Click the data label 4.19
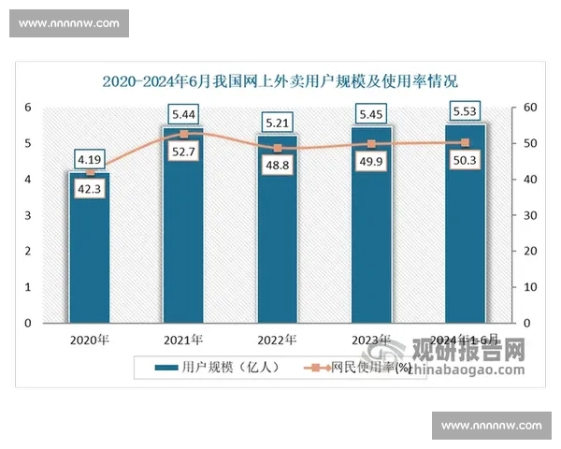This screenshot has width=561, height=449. point(89,158)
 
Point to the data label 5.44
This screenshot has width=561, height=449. point(183,114)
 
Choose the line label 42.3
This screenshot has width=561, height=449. point(89,188)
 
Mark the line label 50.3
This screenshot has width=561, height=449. point(465,158)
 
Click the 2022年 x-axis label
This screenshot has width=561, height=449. point(277,340)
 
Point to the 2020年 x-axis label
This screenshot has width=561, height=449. point(89,340)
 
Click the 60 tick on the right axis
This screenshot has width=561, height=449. point(528,109)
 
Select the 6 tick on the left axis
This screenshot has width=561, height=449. point(28,109)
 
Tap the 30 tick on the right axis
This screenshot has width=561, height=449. point(528,216)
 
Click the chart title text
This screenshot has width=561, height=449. point(280,80)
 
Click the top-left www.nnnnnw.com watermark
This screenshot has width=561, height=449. point(69,22)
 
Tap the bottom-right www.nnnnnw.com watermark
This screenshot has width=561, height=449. point(491,426)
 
